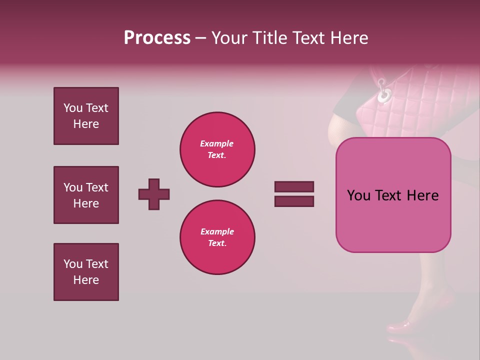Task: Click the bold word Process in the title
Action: pyautogui.click(x=157, y=37)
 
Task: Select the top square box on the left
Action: pyautogui.click(x=86, y=116)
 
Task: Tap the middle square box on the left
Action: pyautogui.click(x=86, y=195)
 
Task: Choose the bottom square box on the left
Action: pyautogui.click(x=86, y=271)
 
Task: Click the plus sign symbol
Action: pyautogui.click(x=154, y=194)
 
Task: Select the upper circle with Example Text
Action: pyautogui.click(x=217, y=149)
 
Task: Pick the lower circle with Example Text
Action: pyautogui.click(x=217, y=237)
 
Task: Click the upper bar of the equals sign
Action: pyautogui.click(x=294, y=187)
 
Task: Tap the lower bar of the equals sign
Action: pyautogui.click(x=294, y=201)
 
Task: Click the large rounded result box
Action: pyautogui.click(x=393, y=195)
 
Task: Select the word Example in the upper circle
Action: pyautogui.click(x=217, y=143)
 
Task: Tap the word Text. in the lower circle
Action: pyautogui.click(x=217, y=243)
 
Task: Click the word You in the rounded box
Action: pyautogui.click(x=359, y=195)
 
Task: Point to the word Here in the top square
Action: pyautogui.click(x=86, y=124)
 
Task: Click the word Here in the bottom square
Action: pyautogui.click(x=86, y=279)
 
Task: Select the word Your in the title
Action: pyautogui.click(x=228, y=38)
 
